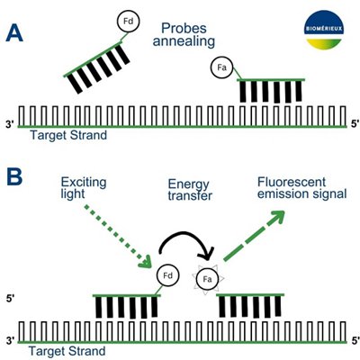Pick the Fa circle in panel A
(x=219, y=66)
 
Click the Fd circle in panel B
(x=166, y=274)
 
